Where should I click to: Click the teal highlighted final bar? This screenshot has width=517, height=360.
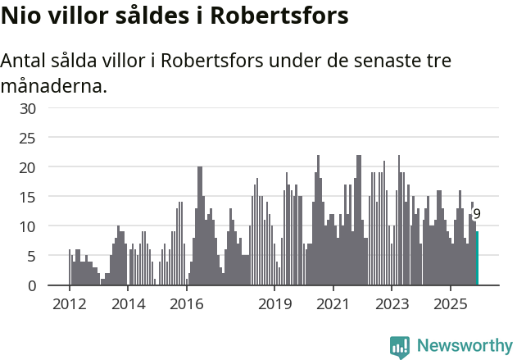click(x=477, y=258)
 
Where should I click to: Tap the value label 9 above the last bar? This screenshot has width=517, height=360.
click(x=477, y=214)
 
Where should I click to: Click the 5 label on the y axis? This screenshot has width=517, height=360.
click(x=32, y=256)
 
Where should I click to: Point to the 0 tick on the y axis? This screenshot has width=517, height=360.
click(x=32, y=285)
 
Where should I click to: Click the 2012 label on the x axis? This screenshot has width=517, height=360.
click(x=69, y=303)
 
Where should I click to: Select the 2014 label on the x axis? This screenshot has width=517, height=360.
click(x=128, y=303)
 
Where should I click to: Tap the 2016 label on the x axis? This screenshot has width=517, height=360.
click(x=187, y=303)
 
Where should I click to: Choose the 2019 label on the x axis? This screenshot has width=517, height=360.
click(x=274, y=303)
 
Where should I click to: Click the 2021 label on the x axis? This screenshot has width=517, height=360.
click(x=333, y=303)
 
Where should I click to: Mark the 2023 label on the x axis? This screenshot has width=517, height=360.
click(x=392, y=303)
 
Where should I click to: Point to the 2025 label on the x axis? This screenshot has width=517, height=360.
click(x=451, y=303)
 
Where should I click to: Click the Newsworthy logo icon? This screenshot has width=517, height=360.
click(x=400, y=347)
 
